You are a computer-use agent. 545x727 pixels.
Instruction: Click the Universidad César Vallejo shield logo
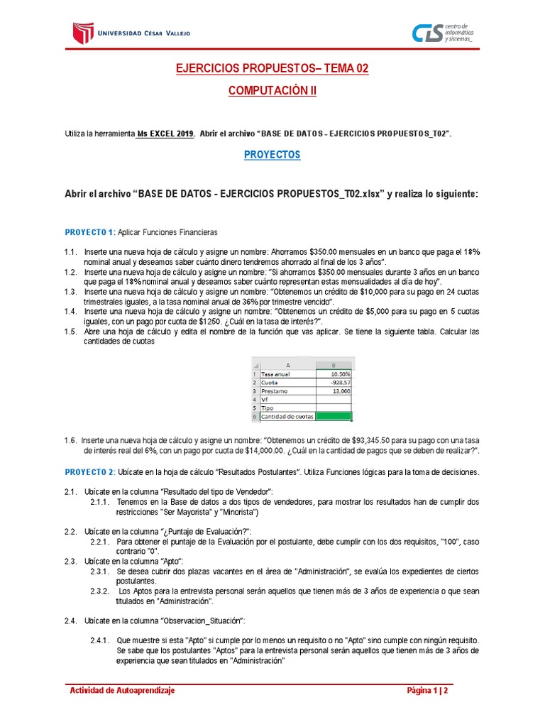[x=83, y=33]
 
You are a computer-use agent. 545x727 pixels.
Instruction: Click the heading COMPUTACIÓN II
[x=272, y=91]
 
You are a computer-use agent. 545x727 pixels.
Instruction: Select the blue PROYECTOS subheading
[x=272, y=154]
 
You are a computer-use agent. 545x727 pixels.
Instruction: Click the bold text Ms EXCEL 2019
[x=165, y=133]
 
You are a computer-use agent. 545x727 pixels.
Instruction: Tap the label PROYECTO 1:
[x=90, y=233]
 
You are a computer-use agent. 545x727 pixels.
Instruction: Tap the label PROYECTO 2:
[x=90, y=472]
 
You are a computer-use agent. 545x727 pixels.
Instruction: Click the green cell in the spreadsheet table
[x=334, y=417]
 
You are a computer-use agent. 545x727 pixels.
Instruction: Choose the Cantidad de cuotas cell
[x=287, y=417]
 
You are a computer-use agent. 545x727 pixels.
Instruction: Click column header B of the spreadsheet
[x=334, y=365]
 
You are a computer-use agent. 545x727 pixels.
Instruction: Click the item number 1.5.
[x=70, y=332]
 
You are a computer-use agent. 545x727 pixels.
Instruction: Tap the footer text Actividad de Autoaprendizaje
[x=121, y=691]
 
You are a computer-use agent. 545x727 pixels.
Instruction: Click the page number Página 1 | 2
[x=428, y=691]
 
